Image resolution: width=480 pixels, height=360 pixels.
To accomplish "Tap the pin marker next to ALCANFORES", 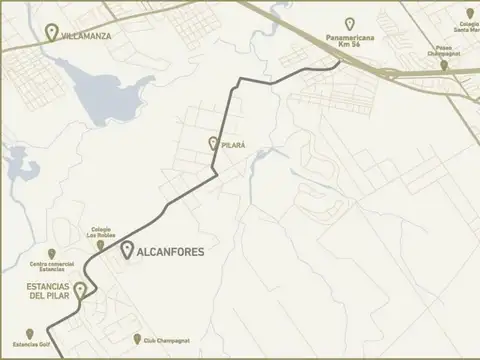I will pos(127,251).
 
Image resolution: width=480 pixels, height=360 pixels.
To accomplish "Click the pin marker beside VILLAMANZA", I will pos(52,32).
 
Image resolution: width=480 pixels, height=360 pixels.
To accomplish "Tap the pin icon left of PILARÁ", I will pos(213,144).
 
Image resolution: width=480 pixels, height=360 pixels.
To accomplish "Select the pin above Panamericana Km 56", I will pos(349,23).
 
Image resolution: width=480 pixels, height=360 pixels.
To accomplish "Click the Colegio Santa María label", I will pos(468,27).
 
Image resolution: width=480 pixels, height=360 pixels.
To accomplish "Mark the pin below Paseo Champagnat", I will pos(445,65).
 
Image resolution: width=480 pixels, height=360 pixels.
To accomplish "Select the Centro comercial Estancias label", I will pos(48,267).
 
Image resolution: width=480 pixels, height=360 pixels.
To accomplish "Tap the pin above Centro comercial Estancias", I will pos(51,254).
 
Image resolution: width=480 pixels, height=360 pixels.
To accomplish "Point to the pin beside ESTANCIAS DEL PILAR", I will pos(80,290).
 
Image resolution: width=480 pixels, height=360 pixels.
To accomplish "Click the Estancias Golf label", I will pos(25,346).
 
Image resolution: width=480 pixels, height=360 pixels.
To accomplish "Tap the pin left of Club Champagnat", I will pos(137,339).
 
